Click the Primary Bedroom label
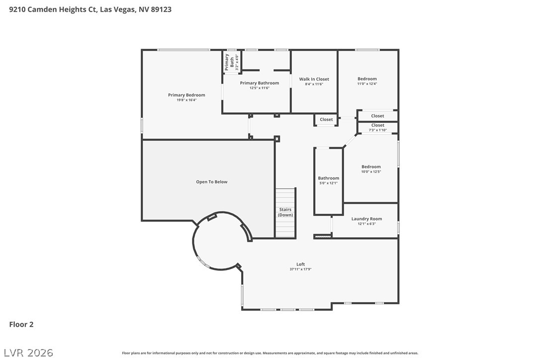coord(186,95)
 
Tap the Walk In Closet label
coord(314,79)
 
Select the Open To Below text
coord(212,182)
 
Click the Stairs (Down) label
coord(285,212)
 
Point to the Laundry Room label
coord(366,219)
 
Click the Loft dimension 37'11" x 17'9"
coord(301,270)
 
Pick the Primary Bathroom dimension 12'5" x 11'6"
coord(260,88)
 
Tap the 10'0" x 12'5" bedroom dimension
coord(371,172)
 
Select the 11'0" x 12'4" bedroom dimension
coord(367,84)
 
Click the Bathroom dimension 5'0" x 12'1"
coord(329,183)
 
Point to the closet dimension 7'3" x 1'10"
coord(378,130)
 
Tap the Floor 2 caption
coord(21,325)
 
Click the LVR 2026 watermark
coord(28,353)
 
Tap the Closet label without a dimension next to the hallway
coord(326,119)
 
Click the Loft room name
coord(301,264)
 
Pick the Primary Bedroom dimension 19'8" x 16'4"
coord(186,100)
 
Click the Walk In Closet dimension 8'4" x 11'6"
coord(314,85)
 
